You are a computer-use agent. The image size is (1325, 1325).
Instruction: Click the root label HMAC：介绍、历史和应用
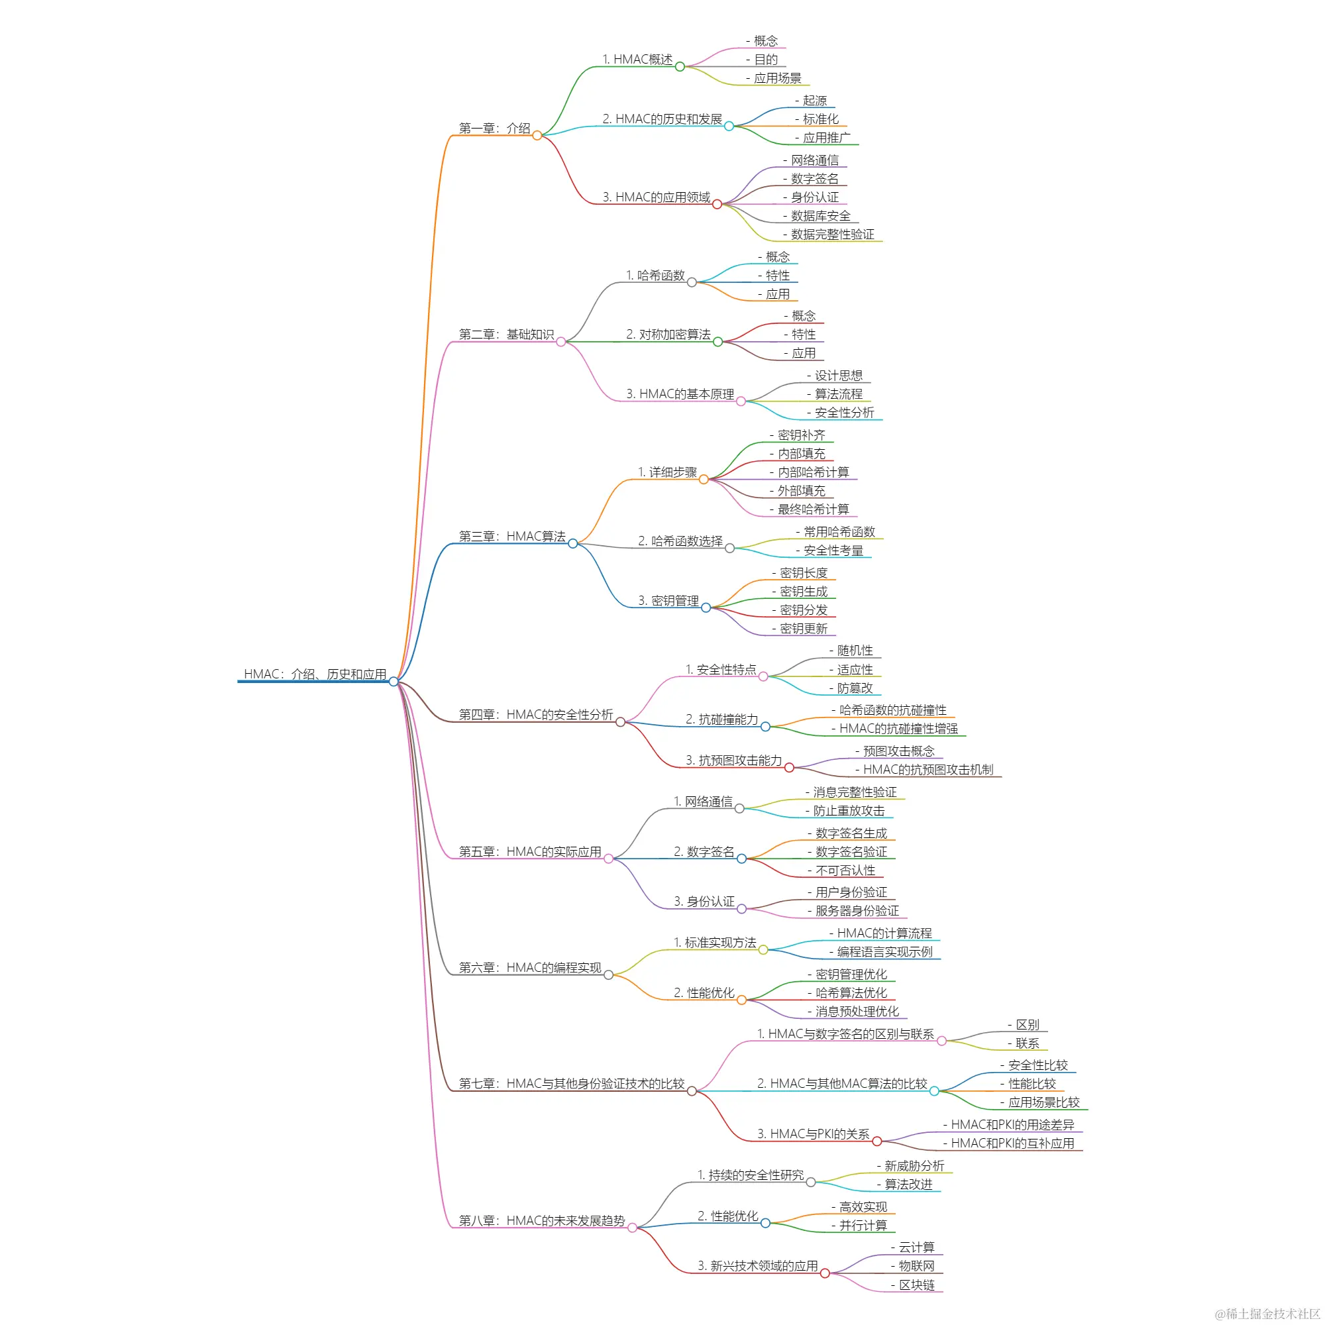(x=315, y=674)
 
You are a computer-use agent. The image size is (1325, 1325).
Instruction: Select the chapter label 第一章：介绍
(x=494, y=129)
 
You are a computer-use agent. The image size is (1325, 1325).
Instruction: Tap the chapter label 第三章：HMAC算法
(x=512, y=537)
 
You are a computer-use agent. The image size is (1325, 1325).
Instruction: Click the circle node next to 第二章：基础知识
(x=561, y=342)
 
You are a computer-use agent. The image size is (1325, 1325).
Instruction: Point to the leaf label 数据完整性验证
(x=832, y=235)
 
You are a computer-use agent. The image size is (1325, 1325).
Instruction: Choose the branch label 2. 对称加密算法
(x=668, y=335)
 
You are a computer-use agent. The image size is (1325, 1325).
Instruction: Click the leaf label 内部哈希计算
(x=813, y=472)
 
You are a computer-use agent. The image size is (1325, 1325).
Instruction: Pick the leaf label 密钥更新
(x=803, y=629)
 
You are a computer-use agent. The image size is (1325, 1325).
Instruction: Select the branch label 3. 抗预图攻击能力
(x=733, y=761)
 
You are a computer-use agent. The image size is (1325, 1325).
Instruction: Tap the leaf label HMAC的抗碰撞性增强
(x=898, y=729)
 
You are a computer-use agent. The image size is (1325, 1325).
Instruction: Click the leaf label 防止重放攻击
(x=849, y=811)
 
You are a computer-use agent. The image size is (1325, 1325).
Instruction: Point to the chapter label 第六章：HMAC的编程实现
(x=530, y=968)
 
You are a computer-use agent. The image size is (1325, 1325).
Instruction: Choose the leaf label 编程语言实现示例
(x=884, y=952)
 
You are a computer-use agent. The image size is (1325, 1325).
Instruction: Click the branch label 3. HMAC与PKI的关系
(x=813, y=1134)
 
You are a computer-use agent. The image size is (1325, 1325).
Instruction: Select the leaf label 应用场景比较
(x=1043, y=1103)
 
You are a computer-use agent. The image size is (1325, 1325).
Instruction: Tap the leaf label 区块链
(x=916, y=1285)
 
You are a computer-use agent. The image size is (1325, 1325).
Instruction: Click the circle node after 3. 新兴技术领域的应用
(x=825, y=1273)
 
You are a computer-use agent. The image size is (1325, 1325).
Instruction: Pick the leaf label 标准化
(x=820, y=119)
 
